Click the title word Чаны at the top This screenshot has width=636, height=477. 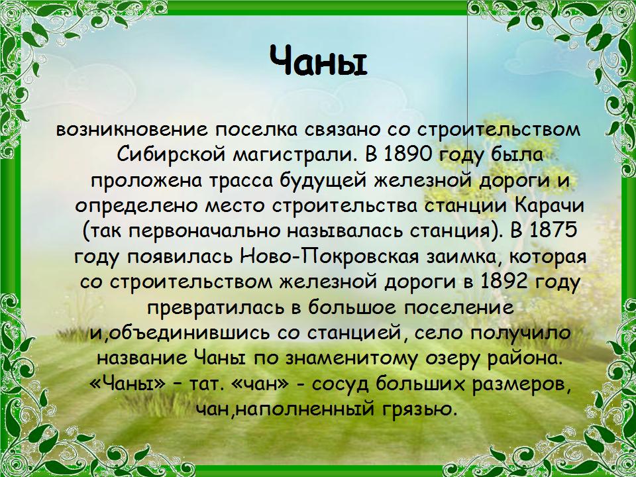coord(318,61)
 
